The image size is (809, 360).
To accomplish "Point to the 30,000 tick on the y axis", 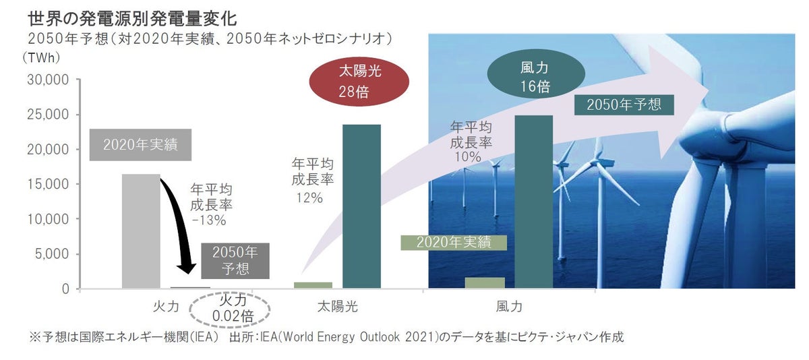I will [x=47, y=80].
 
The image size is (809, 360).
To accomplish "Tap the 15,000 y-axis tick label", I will [x=47, y=184].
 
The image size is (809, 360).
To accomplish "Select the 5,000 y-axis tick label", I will [x=51, y=254].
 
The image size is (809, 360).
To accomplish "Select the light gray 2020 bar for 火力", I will [x=141, y=231].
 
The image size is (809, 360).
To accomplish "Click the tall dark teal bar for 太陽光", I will [x=361, y=206].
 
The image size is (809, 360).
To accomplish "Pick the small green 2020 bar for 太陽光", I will [x=313, y=285].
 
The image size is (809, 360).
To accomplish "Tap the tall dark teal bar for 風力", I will [x=534, y=202].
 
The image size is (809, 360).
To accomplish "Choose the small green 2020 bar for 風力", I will [x=485, y=283].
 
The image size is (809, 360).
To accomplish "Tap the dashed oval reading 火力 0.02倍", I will [x=231, y=309].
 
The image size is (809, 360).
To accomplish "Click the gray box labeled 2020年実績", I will [x=140, y=144].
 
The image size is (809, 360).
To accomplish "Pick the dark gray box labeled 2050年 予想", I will [x=235, y=260].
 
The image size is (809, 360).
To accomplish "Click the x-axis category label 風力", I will [x=509, y=307].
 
